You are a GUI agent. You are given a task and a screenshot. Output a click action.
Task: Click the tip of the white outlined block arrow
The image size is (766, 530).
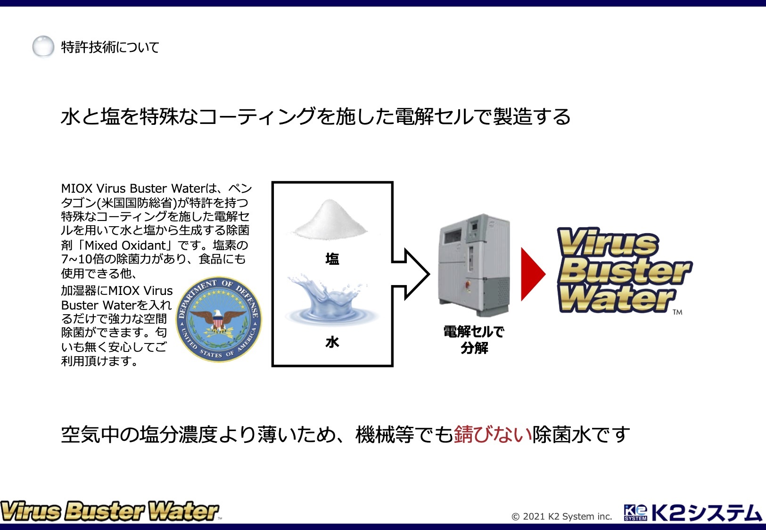(429, 274)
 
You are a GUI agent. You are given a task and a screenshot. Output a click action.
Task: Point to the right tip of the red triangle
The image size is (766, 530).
(545, 274)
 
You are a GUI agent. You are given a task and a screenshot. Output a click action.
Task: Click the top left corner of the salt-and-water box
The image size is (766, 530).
(272, 182)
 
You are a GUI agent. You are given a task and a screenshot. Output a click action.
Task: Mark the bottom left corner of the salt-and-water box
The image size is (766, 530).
(272, 366)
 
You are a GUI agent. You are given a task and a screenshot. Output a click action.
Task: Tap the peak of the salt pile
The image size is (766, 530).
(329, 200)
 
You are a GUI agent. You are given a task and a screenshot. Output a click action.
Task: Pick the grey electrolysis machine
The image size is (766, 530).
(474, 265)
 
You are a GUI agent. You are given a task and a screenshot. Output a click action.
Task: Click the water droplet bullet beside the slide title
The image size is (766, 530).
(43, 46)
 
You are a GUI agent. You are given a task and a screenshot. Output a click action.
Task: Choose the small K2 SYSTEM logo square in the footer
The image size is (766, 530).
(635, 512)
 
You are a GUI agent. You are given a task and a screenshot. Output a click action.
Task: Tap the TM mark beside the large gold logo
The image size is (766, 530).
(677, 312)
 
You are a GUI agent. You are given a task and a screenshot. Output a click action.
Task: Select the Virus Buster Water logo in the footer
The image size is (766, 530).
(110, 511)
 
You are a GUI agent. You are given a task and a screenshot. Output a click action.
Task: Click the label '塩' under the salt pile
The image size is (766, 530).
(332, 259)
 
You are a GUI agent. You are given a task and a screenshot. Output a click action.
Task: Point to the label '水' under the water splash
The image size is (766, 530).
(332, 342)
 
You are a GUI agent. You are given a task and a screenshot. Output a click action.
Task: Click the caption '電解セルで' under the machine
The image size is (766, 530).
(474, 332)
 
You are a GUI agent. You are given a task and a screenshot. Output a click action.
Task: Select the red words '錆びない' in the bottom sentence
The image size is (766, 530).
(493, 435)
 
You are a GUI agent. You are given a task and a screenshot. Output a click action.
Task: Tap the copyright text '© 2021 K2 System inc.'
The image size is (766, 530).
(561, 516)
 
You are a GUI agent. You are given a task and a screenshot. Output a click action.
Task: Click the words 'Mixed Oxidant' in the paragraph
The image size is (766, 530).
(125, 245)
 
